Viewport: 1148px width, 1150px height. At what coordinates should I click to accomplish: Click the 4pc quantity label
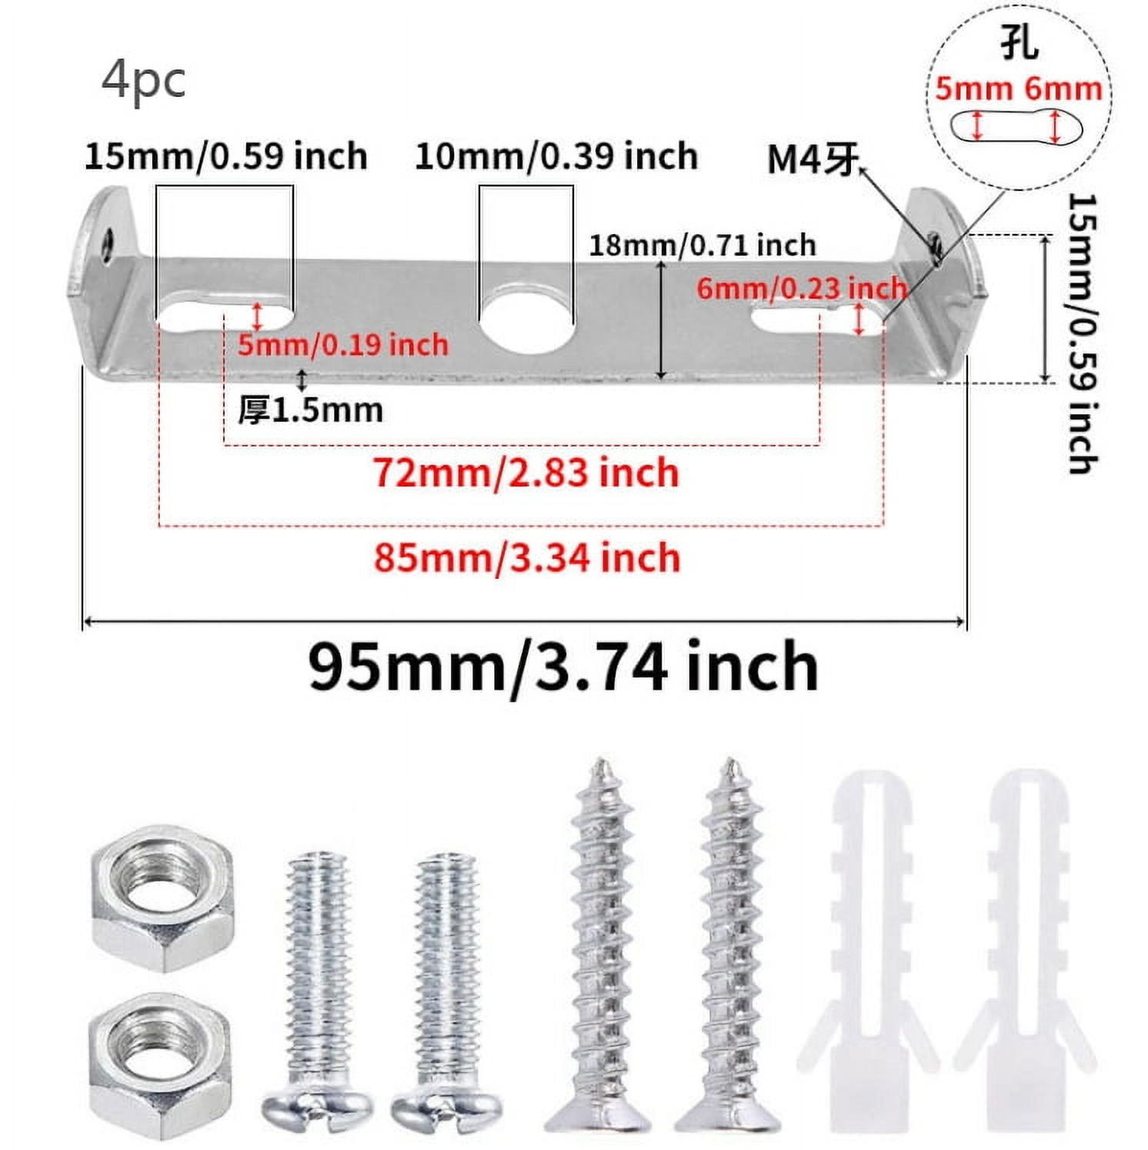click(143, 81)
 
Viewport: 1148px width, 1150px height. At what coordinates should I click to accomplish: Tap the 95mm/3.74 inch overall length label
click(563, 667)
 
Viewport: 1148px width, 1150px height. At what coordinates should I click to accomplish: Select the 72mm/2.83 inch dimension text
click(526, 473)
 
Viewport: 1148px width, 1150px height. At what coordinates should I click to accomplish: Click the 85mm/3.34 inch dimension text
click(527, 557)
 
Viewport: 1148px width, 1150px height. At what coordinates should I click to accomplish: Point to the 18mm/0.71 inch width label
click(702, 246)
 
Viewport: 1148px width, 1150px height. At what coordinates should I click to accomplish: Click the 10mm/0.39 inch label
click(556, 156)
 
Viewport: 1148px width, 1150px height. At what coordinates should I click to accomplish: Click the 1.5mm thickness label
click(310, 410)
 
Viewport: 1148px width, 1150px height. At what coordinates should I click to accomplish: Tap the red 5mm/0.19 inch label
click(342, 344)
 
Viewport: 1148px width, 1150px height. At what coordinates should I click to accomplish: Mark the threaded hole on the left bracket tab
click(108, 241)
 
